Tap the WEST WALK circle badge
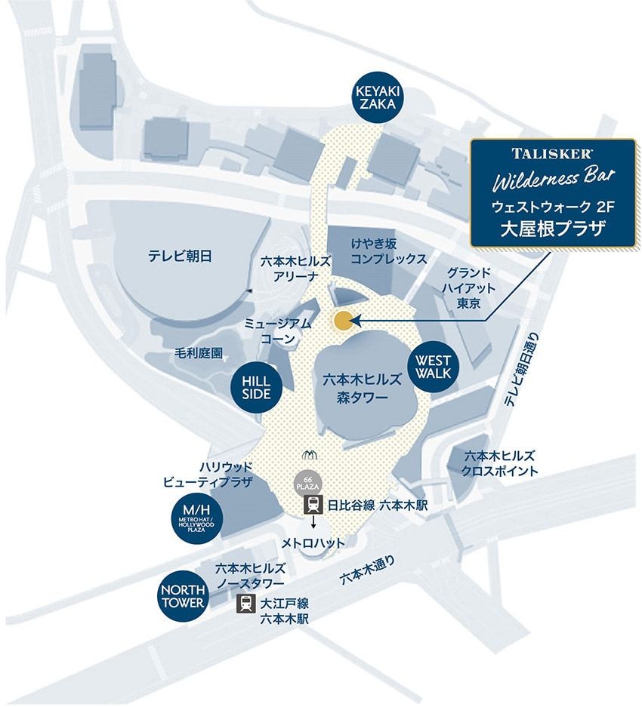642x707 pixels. (x=433, y=367)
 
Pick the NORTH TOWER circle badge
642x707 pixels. (x=181, y=596)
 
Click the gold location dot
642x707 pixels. (x=342, y=321)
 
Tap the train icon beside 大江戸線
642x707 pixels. (x=245, y=604)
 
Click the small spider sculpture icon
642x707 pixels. (x=310, y=455)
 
